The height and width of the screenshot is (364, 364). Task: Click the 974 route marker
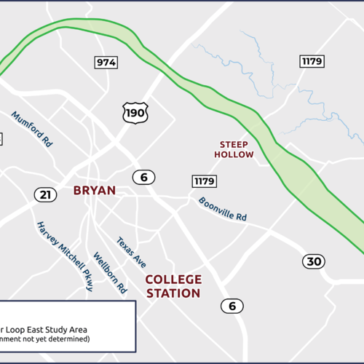click(106, 63)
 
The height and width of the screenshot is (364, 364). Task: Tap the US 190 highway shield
click(135, 113)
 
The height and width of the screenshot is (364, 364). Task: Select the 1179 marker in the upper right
click(312, 61)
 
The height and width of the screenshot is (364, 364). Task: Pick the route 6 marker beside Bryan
click(144, 177)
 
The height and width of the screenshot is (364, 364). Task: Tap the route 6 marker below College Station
click(232, 306)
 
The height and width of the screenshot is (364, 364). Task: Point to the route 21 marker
click(45, 194)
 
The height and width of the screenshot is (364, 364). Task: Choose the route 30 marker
click(314, 262)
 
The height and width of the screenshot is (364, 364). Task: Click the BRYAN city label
click(95, 191)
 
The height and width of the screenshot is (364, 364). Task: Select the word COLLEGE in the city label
click(173, 280)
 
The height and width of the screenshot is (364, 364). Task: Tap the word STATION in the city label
click(173, 293)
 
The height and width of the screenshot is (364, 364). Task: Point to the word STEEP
click(234, 144)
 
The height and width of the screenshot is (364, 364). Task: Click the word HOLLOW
click(234, 154)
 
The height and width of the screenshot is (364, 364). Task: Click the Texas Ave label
click(131, 252)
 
